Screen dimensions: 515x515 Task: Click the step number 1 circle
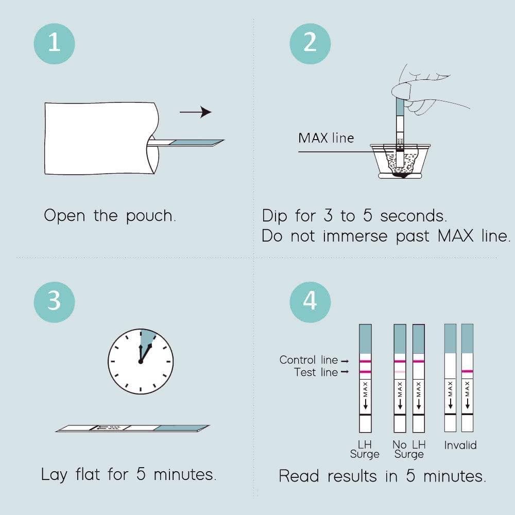click(54, 44)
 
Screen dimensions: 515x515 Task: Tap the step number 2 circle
click(310, 44)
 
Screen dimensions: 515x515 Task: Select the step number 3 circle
click(54, 302)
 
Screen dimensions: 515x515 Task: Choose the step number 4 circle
click(310, 302)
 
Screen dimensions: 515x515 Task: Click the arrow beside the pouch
click(195, 112)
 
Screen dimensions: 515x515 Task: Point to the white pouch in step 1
click(102, 138)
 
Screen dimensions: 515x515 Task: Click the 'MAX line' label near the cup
click(326, 138)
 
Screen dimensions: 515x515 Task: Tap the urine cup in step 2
click(400, 161)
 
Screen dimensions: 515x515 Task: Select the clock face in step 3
click(141, 362)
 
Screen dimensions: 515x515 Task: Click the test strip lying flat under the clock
click(132, 428)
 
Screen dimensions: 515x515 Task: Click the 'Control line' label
click(308, 360)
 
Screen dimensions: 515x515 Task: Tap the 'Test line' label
click(316, 372)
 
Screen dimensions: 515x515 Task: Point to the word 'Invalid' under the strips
click(460, 445)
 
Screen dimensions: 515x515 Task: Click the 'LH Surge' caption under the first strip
click(365, 449)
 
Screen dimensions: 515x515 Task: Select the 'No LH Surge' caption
click(409, 449)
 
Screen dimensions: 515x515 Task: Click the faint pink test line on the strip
click(400, 372)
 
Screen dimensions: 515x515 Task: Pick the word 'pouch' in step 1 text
click(151, 216)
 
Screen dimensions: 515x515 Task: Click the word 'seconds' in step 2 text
click(414, 216)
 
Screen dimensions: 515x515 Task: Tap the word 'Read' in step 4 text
click(299, 476)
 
